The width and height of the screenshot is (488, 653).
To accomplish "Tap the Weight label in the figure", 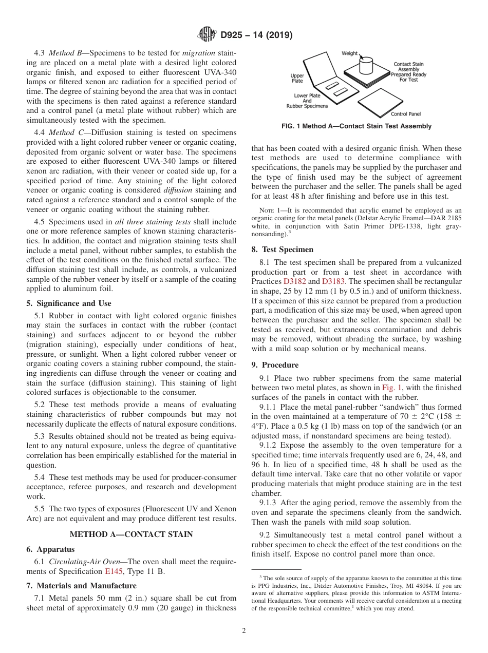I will click(350, 53).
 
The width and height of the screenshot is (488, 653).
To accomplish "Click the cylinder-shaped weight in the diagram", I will click(365, 66).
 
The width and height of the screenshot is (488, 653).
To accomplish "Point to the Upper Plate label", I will click(297, 78).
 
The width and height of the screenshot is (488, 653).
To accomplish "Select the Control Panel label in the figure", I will click(405, 113).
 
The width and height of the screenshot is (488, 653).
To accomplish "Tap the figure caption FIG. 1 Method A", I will click(356, 126).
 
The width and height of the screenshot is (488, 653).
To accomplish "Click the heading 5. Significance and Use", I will click(68, 303).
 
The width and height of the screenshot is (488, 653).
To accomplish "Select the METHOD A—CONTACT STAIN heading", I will click(131, 534).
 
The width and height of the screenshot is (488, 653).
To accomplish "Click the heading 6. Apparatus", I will click(50, 549).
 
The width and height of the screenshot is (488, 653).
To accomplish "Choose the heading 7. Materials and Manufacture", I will click(81, 586).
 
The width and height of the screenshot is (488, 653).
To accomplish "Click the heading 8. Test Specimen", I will click(282, 249).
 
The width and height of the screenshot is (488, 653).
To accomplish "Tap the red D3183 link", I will click(332, 281).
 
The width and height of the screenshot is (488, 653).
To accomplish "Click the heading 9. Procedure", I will click(275, 365).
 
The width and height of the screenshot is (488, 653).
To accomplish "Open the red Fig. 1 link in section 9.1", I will click(391, 388).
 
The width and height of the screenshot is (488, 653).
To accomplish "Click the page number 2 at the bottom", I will click(244, 631).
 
